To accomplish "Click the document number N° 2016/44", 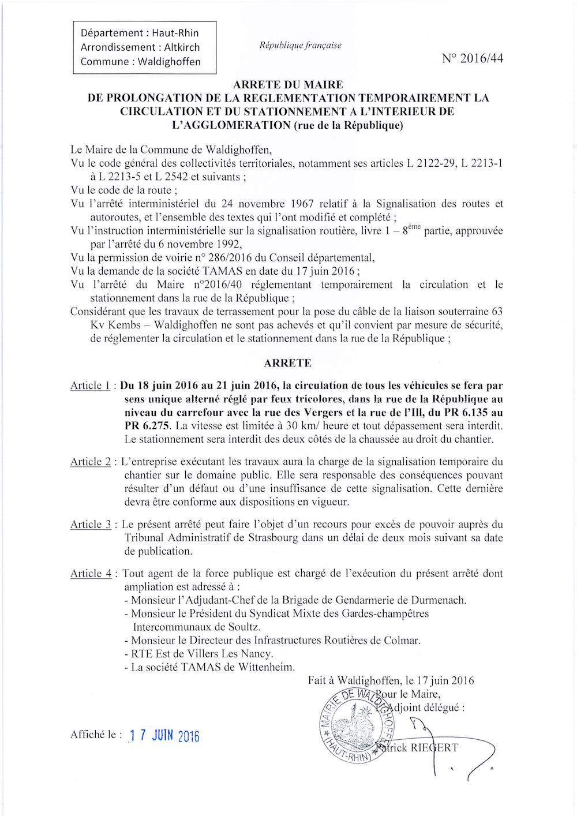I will (472, 59).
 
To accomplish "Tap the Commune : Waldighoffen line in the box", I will (141, 62).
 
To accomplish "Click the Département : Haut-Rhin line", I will (140, 33).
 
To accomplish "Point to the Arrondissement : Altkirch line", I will (140, 47).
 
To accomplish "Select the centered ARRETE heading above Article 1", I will (287, 363).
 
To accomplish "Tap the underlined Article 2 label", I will (90, 462).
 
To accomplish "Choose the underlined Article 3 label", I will (90, 525).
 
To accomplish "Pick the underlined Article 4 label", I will (90, 574).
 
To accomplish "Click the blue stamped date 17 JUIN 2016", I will (164, 736).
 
